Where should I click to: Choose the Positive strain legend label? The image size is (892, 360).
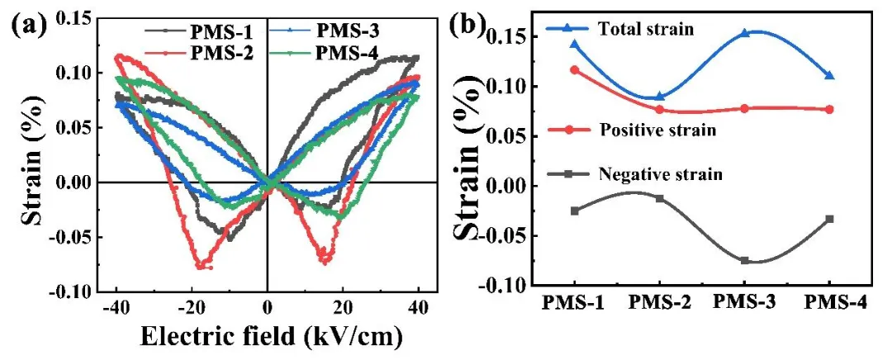[x=645, y=130]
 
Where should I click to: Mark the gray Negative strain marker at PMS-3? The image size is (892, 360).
[x=744, y=260]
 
